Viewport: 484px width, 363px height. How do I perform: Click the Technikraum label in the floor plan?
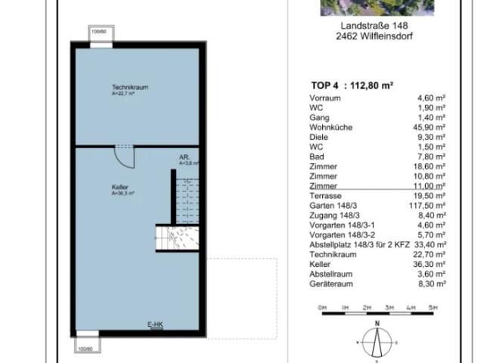pos(130,88)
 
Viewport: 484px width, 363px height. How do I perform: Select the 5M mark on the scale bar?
pos(433,307)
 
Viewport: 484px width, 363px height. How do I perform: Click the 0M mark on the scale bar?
pos(322,307)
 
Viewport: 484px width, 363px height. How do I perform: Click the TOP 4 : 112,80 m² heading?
pos(352,86)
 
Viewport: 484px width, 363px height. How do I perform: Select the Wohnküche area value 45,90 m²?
pos(431,128)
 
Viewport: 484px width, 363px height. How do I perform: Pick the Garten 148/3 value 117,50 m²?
pos(429,205)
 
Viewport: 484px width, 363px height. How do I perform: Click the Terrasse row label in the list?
pos(325,195)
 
